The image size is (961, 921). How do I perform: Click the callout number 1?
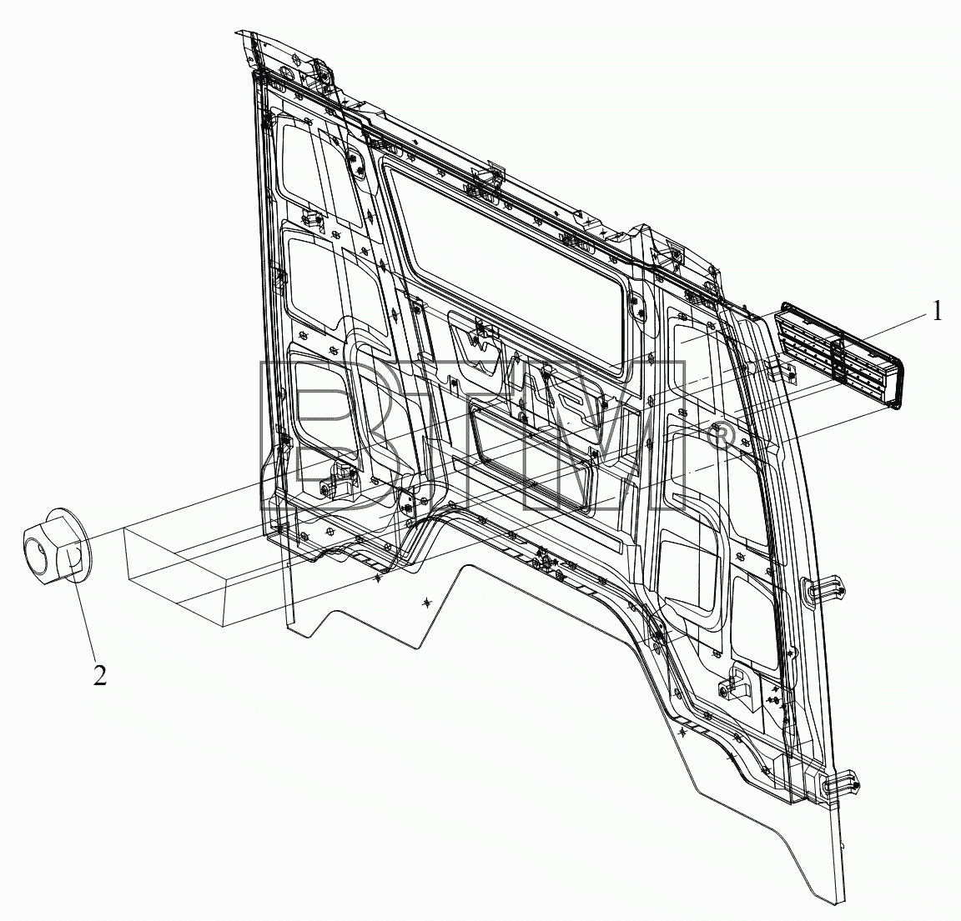937,313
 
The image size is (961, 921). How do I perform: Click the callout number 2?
100,675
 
